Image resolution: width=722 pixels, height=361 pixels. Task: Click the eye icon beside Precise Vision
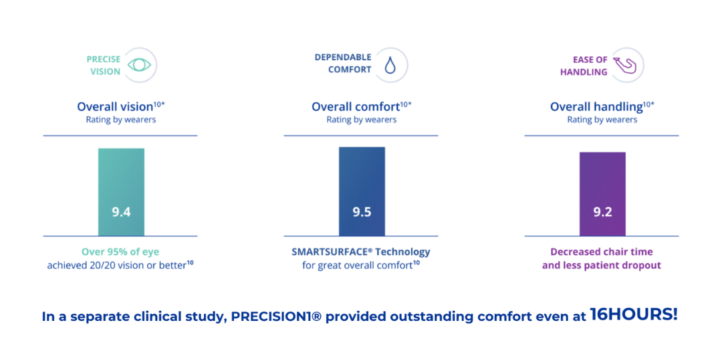tap(139, 65)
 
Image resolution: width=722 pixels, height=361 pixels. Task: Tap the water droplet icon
tap(390, 66)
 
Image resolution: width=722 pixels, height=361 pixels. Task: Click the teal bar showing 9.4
tap(121, 192)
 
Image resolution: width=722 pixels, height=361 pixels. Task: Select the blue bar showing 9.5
tap(362, 192)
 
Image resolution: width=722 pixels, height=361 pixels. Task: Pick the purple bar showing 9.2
tap(602, 194)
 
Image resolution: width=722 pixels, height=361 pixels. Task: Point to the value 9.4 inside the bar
tap(121, 213)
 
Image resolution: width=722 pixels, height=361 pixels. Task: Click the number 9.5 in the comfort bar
tap(362, 213)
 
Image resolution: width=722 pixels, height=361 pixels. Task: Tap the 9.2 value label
tap(602, 213)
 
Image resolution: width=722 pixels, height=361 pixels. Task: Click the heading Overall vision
tap(115, 107)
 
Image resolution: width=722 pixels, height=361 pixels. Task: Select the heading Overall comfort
tap(355, 107)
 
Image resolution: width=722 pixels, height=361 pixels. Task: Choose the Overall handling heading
tap(596, 107)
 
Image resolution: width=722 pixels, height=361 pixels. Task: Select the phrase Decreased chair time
tap(602, 252)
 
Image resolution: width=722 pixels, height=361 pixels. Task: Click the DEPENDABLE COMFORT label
tap(343, 64)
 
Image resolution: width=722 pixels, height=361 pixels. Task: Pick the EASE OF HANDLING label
tap(590, 66)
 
